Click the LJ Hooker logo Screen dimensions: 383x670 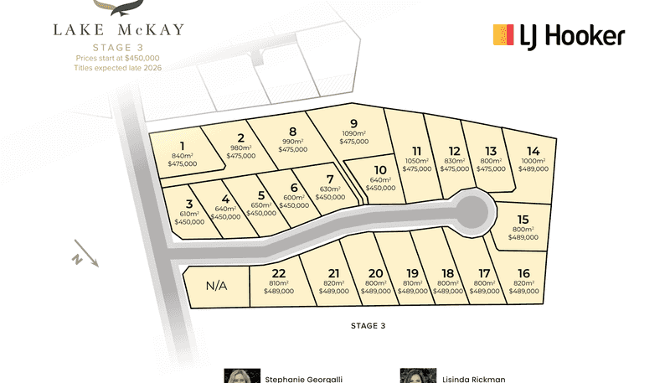559,36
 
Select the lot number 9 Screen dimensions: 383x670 353,123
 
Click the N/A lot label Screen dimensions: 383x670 216,285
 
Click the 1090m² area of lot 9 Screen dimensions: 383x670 353,133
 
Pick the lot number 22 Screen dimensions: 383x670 279,272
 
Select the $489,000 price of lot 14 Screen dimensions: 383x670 533,168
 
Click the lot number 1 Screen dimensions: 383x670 182,144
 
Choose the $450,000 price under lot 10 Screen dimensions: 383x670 381,189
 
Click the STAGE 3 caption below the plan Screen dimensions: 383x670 369,325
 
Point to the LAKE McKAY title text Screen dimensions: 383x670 118,30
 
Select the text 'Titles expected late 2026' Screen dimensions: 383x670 117,67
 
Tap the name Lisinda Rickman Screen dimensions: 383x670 474,378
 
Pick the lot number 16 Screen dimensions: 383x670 524,272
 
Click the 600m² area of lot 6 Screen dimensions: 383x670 293,197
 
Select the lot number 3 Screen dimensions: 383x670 189,204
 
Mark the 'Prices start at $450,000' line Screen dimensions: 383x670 117,58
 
